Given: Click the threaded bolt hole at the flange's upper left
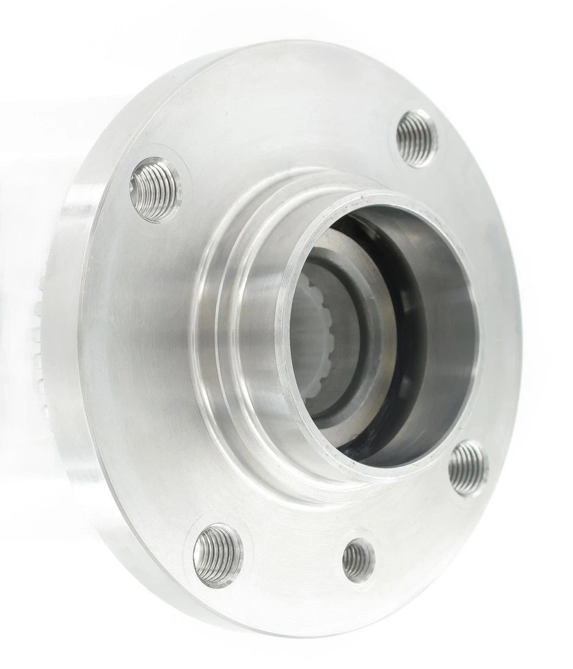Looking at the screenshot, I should (155, 190).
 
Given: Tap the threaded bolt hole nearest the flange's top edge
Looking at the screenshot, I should (416, 137).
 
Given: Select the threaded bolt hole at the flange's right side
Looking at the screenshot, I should (467, 468).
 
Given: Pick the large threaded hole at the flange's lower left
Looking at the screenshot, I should (217, 555).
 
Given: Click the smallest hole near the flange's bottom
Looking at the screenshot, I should (358, 559).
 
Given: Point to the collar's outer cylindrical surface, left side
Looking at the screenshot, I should (251, 334).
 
